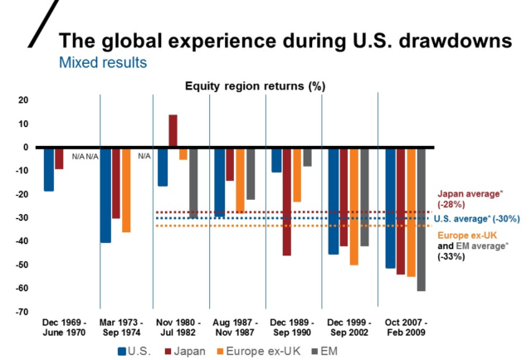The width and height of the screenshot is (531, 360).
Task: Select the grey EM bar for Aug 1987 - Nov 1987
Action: (x=251, y=173)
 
